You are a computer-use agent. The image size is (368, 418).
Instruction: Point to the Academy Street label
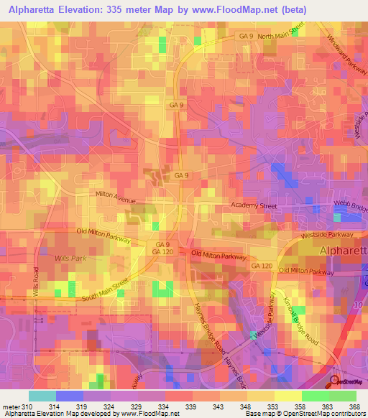coord(253,206)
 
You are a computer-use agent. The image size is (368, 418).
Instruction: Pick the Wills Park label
coord(70,256)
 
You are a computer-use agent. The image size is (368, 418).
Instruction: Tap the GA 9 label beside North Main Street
coord(247,36)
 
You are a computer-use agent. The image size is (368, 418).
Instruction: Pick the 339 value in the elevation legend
coord(192,406)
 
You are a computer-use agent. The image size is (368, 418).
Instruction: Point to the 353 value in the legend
coord(274,406)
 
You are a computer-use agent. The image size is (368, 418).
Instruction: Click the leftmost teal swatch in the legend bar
coord(42,396)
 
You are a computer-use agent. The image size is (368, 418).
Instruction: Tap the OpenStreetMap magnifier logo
coord(333,381)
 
